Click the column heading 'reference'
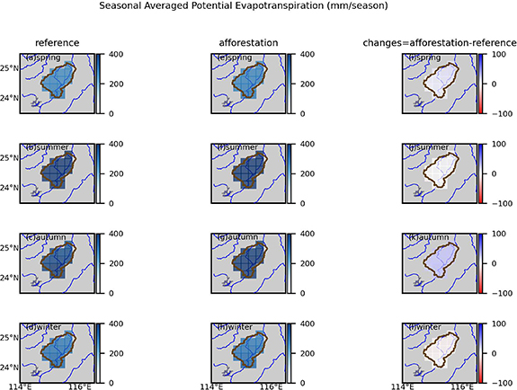[58, 42]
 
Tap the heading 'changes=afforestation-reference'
[441, 42]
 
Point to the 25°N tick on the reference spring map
[12, 68]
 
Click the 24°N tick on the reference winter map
[12, 368]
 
